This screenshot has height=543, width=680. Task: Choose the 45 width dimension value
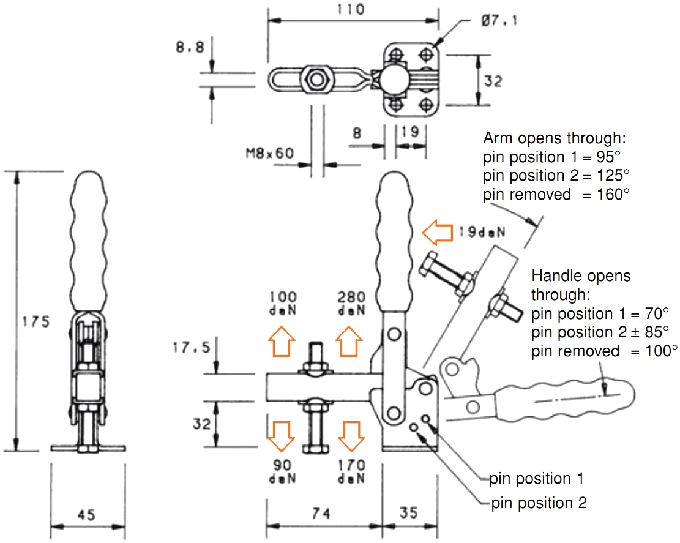pos(87,515)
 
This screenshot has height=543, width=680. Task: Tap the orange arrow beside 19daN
pos(435,232)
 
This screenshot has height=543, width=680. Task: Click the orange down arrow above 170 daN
pos(351,435)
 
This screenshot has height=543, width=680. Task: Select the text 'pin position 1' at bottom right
pos(536,477)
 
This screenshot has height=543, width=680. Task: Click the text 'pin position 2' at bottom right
pos(539,503)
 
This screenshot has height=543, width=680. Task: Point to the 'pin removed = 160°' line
pos(555,195)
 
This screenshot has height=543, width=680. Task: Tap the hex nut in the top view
pos(316,79)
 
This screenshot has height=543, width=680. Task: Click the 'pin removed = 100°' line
pos(604,351)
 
